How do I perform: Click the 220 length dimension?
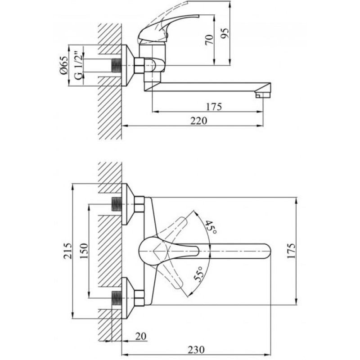(198, 120)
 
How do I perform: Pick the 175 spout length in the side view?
(214, 107)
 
